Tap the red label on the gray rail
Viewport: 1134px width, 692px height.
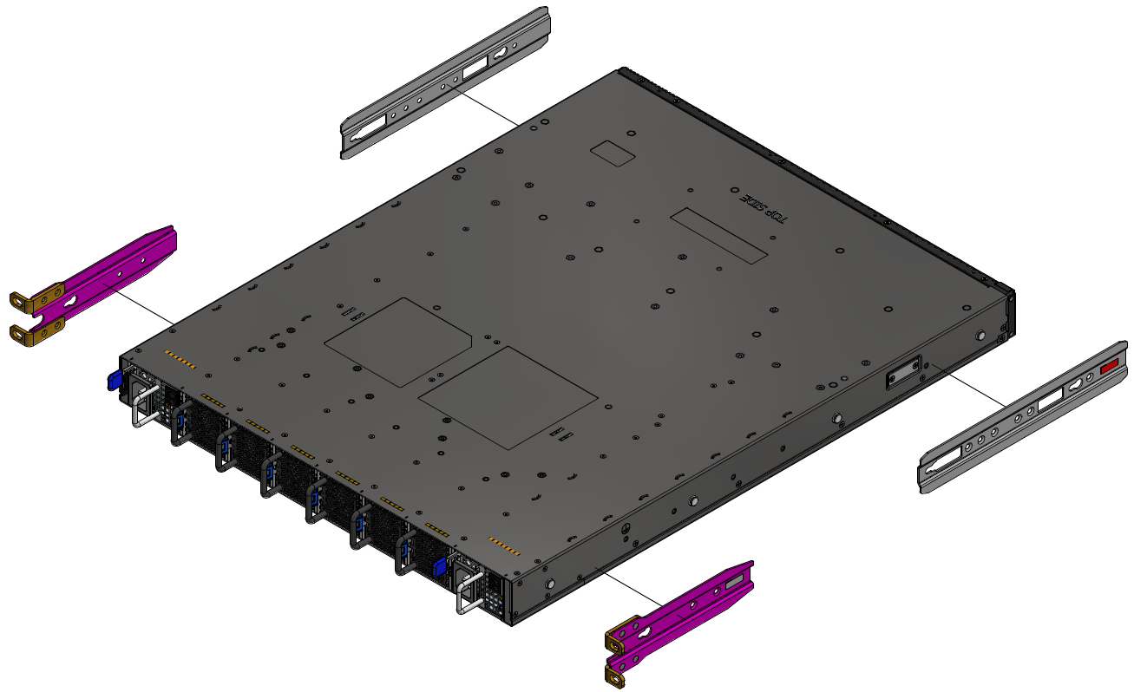(1110, 368)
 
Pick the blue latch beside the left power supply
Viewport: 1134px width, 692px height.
(112, 381)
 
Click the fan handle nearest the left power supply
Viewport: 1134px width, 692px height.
(180, 424)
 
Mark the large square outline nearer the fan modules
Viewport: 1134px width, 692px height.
(508, 398)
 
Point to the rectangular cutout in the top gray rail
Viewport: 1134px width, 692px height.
(475, 69)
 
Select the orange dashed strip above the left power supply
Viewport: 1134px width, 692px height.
(180, 362)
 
